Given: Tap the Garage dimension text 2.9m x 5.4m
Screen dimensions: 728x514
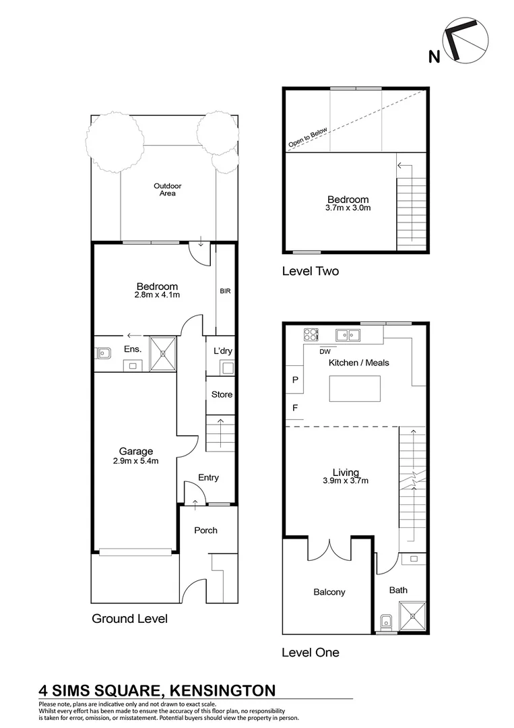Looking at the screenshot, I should click(136, 461).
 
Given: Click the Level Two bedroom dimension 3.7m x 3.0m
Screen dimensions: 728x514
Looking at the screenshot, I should click(348, 208).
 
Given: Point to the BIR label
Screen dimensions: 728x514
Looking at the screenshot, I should click(225, 292).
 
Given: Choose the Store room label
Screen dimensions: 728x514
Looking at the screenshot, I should click(222, 394).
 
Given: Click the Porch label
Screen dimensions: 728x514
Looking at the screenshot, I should click(205, 530).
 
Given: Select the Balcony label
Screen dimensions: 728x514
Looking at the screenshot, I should click(329, 593).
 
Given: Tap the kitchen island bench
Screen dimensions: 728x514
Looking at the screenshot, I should click(354, 389).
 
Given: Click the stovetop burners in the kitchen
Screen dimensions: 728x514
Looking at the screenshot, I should click(311, 334).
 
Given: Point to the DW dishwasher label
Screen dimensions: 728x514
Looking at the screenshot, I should click(325, 351).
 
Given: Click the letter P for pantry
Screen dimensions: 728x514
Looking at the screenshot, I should click(294, 380).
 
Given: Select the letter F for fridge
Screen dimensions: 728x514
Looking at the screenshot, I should click(294, 408).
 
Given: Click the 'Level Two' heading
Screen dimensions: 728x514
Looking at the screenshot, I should click(310, 272).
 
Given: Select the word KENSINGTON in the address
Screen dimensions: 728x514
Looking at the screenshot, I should click(222, 690).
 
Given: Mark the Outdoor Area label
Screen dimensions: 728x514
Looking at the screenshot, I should click(167, 189).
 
